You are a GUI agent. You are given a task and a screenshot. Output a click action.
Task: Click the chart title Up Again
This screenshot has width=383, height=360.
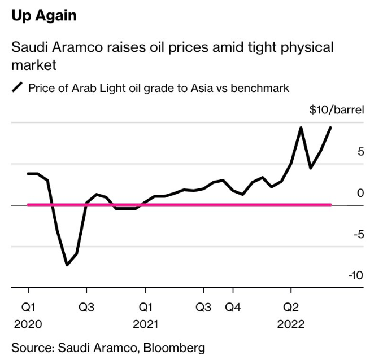(44, 15)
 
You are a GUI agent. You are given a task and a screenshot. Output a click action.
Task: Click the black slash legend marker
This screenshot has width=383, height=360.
(18, 87)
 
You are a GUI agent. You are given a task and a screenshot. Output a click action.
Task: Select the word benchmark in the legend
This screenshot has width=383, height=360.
(260, 88)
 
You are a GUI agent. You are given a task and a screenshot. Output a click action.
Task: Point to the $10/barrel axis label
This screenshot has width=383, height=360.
(337, 109)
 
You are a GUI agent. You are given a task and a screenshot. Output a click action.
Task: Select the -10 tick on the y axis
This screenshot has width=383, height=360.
(355, 275)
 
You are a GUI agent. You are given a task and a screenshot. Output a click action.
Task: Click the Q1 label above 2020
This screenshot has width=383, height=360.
(28, 307)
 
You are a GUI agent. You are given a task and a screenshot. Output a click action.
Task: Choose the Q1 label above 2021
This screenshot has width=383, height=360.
(145, 307)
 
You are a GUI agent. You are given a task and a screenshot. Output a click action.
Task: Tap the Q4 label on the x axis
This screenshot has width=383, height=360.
(233, 307)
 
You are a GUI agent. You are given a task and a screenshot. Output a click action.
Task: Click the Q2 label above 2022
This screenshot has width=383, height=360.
(291, 307)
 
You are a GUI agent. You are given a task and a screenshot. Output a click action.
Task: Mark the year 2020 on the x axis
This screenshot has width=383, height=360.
(28, 324)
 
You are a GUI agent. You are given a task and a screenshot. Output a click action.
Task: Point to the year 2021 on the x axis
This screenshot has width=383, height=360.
(145, 324)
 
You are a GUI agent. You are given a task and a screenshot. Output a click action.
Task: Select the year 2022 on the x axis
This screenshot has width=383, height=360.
(291, 324)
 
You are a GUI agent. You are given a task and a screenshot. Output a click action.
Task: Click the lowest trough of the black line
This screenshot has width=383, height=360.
(67, 265)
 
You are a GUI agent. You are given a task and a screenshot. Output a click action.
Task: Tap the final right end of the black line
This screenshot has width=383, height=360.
(330, 128)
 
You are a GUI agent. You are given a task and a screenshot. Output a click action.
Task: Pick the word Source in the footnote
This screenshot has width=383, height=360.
(30, 347)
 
